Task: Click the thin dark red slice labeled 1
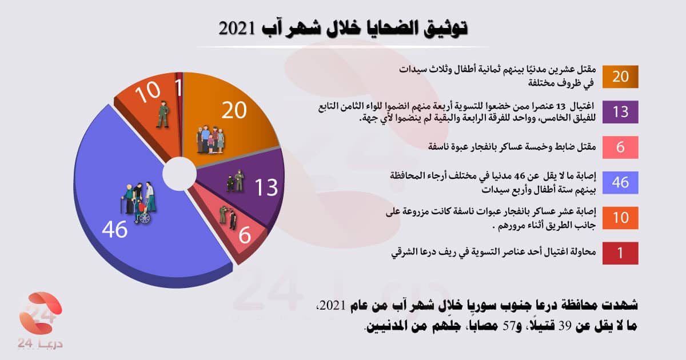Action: tap(180, 86)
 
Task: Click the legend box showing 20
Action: tap(620, 77)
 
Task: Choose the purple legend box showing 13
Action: tap(620, 112)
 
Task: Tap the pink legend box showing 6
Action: tap(620, 147)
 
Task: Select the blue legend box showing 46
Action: tap(620, 182)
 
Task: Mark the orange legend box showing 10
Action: tap(620, 218)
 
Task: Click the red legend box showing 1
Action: tap(620, 253)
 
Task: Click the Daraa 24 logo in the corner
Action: tap(38, 320)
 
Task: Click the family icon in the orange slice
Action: tap(210, 139)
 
